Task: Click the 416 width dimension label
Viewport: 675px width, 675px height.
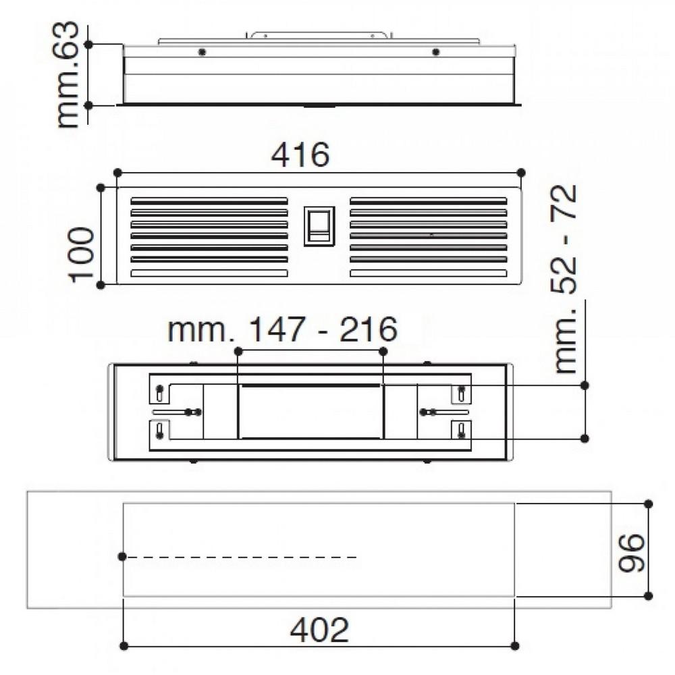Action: coord(300,156)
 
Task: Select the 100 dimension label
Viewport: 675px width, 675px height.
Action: coord(82,254)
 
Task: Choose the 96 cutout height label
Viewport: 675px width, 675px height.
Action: coord(632,552)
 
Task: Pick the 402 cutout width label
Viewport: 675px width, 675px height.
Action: coord(319,630)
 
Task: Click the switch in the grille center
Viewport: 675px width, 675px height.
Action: coord(319,225)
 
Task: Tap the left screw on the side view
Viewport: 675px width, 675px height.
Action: coord(201,52)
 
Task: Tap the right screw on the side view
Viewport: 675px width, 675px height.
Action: coord(436,52)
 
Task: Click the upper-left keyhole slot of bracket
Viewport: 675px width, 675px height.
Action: coord(159,391)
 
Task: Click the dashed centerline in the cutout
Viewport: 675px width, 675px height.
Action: coord(243,557)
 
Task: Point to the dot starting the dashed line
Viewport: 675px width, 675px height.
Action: coord(122,556)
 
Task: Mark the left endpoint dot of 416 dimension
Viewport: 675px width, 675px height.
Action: coord(117,173)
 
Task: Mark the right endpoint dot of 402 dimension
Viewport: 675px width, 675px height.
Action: coord(515,646)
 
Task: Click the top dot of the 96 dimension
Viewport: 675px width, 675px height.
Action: coord(649,504)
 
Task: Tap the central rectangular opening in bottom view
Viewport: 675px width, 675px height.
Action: coord(310,411)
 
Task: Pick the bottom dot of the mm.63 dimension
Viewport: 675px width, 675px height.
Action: coord(88,105)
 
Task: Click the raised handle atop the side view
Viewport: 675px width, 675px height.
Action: coord(319,34)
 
